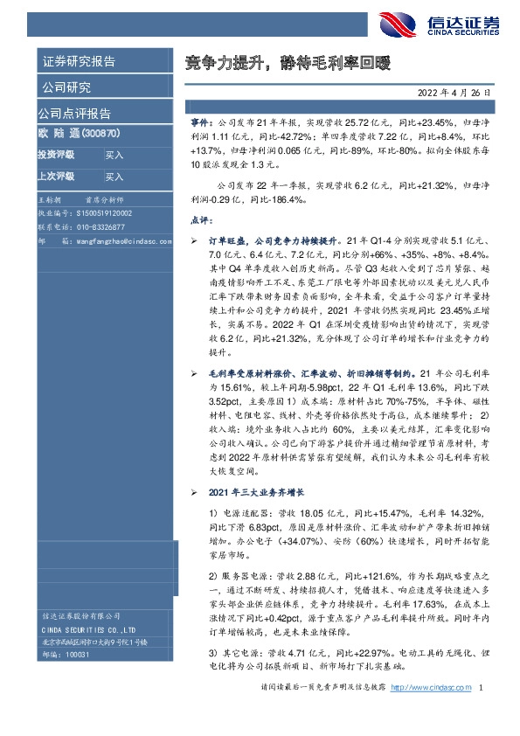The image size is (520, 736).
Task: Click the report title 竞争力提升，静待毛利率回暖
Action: (x=288, y=63)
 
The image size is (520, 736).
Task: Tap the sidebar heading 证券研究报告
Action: (x=79, y=61)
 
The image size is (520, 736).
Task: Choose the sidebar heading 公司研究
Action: (x=66, y=87)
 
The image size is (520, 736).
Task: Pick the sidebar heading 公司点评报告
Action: (x=73, y=114)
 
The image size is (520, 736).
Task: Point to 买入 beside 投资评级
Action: (x=114, y=155)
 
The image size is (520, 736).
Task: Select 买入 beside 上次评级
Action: (x=114, y=177)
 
